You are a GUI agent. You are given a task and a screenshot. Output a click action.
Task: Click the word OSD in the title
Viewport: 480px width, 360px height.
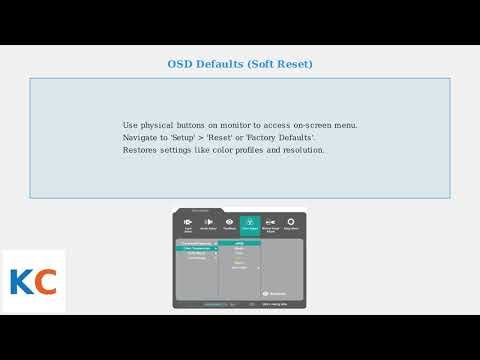[x=180, y=64]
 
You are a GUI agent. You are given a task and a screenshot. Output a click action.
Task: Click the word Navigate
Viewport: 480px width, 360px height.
[x=143, y=138]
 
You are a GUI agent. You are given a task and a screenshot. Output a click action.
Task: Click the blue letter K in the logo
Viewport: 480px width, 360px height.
[x=20, y=283]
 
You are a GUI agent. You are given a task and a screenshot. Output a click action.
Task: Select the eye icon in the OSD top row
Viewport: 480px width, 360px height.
[x=230, y=223]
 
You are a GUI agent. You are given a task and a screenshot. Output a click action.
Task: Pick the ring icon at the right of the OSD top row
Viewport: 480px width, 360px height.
[x=291, y=223]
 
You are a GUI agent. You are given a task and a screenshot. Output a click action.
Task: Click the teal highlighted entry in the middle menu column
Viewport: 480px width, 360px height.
[x=240, y=243]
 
